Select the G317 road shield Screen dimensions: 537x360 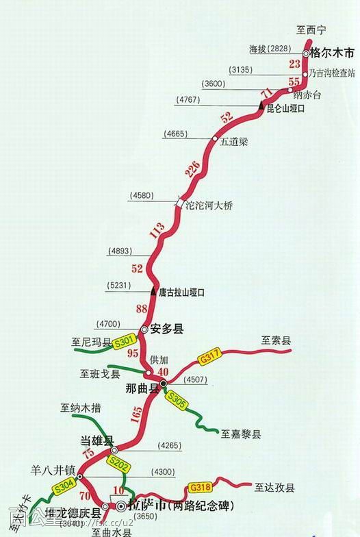tap(210, 357)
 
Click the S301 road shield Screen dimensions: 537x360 tap(125, 340)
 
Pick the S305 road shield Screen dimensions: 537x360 tap(177, 400)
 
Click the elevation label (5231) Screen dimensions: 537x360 tap(120, 285)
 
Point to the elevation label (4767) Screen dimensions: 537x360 tap(188, 100)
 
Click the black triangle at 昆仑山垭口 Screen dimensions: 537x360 tap(261, 105)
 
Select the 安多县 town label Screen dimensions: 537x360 tap(167, 329)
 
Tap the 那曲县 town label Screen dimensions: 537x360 tap(142, 388)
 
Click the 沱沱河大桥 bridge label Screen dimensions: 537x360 tap(209, 205)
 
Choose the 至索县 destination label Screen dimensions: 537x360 tap(277, 340)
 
